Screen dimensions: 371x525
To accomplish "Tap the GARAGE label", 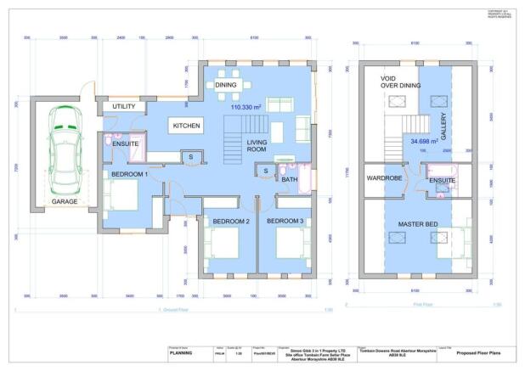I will tap(65, 203).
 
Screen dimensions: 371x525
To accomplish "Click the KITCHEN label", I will tap(187, 125).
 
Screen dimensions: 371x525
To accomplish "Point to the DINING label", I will tap(225, 86).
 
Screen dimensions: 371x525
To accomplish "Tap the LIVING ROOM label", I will tap(257, 147).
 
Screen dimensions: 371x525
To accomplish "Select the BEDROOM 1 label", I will tap(126, 174).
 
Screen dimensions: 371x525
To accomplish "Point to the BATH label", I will tap(289, 179).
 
